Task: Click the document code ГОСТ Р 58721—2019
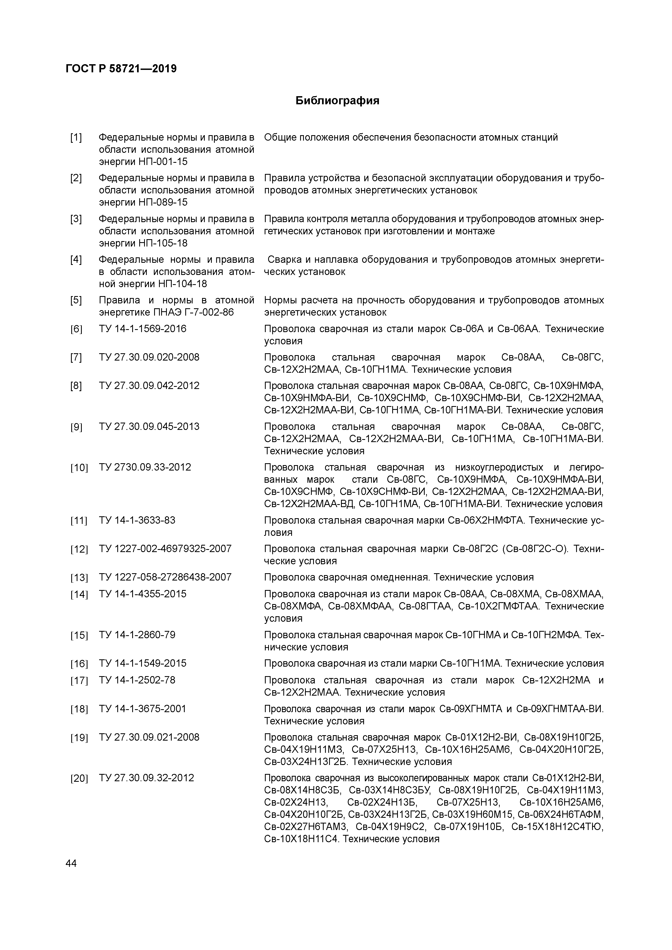click(121, 69)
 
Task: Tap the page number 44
click(71, 864)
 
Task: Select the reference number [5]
click(76, 300)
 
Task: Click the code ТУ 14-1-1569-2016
click(142, 329)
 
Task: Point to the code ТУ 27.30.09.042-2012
click(149, 386)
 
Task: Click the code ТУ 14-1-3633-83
click(137, 520)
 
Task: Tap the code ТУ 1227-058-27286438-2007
click(165, 577)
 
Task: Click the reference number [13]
click(79, 578)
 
